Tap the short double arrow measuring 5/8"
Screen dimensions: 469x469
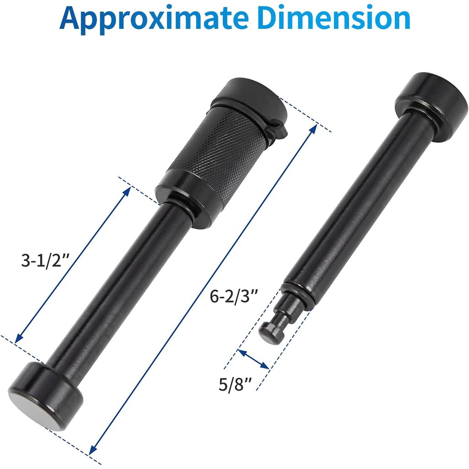click(x=253, y=359)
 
